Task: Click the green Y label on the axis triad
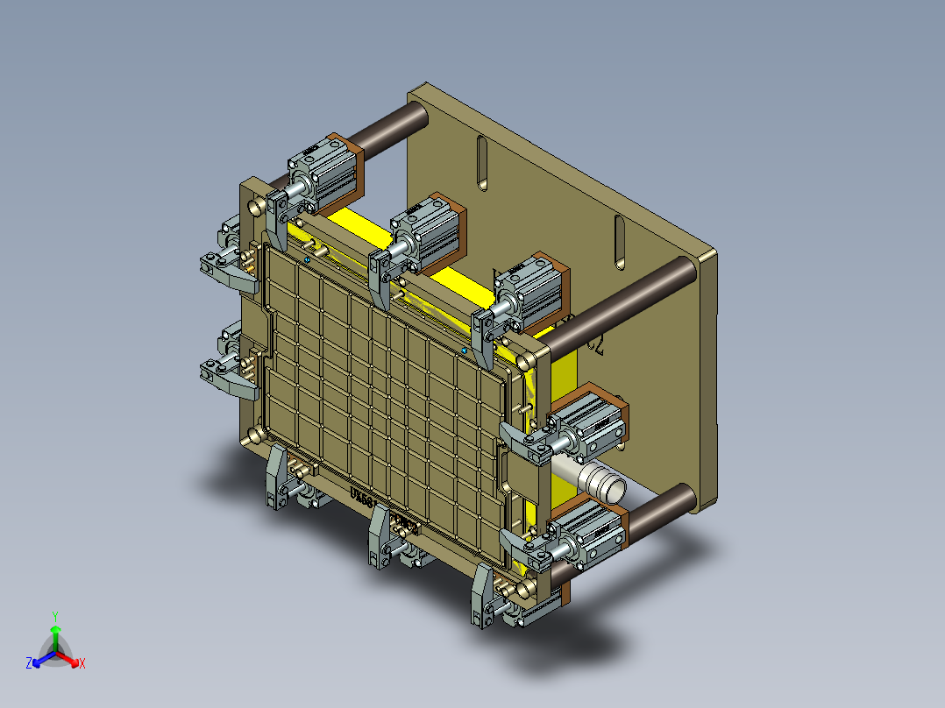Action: click(54, 615)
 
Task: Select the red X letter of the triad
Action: click(82, 663)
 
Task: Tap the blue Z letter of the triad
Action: click(29, 663)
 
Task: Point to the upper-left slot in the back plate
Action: click(481, 163)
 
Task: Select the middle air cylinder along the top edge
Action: click(430, 230)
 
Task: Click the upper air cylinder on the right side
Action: click(593, 420)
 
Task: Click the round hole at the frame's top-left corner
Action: click(256, 207)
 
